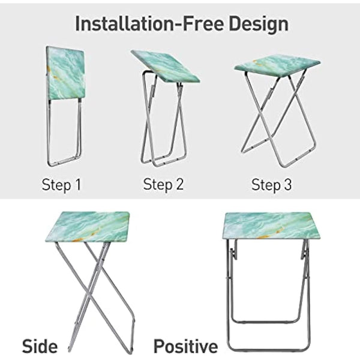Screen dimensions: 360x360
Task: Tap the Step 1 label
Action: (61, 185)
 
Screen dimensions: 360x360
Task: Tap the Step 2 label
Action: (163, 185)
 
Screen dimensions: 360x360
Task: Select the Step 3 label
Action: (272, 185)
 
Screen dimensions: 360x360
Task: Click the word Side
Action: (40, 346)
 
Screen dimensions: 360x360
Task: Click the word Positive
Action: (185, 346)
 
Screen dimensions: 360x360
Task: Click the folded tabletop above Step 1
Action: (66, 73)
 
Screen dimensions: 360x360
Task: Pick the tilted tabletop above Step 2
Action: (164, 66)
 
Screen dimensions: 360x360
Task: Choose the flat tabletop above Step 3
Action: (277, 63)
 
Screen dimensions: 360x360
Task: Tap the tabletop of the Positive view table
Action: (268, 225)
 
